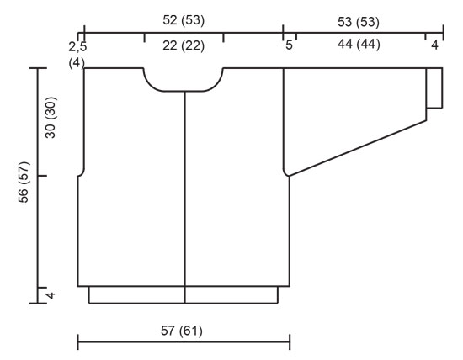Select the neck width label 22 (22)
tap(184, 45)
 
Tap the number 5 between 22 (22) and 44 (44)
tap(289, 45)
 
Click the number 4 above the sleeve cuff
tap(435, 45)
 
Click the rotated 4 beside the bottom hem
tap(50, 295)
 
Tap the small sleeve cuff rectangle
tap(434, 87)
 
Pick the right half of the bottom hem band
tap(231, 294)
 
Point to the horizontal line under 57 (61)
tap(184, 342)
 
